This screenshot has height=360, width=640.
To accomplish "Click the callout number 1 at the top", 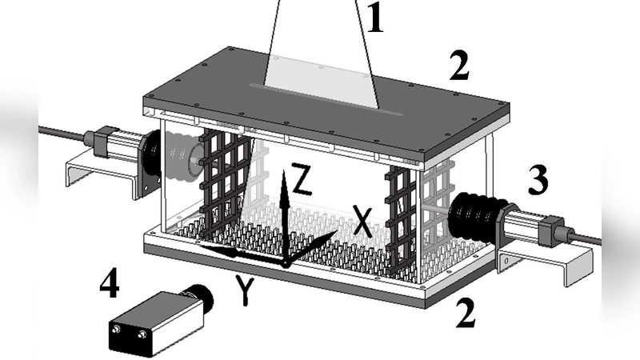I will click(x=375, y=18).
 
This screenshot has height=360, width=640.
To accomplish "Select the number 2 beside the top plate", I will click(x=458, y=69).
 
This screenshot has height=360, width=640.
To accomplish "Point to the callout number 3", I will click(x=536, y=182).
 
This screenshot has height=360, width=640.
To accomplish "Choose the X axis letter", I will click(x=362, y=221).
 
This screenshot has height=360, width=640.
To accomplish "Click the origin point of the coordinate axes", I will click(x=284, y=263).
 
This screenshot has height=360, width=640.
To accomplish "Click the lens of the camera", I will click(x=204, y=298).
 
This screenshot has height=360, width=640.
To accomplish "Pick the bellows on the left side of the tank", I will click(x=180, y=157).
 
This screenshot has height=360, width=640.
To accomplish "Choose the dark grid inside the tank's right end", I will click(x=399, y=216).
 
